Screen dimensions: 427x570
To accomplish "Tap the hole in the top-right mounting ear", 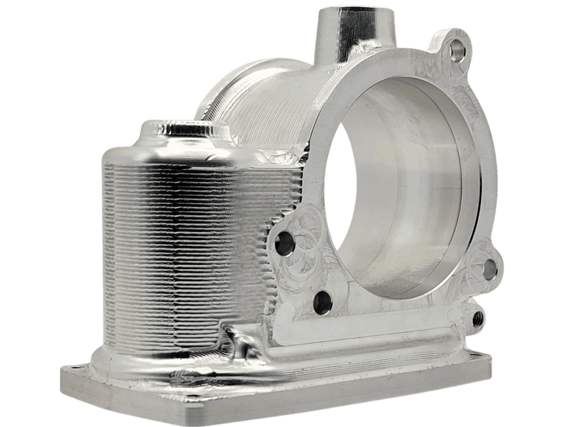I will coord(455,48).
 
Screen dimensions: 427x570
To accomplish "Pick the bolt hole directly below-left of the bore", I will coord(322,302).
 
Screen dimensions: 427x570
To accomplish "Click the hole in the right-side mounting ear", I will coord(489,269).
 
